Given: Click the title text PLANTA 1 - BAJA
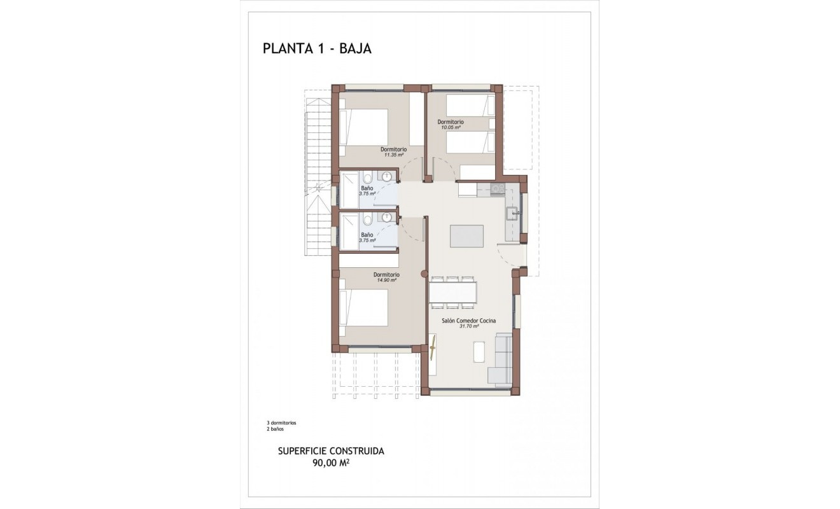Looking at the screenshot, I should [x=317, y=49].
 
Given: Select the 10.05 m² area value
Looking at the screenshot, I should [x=451, y=127].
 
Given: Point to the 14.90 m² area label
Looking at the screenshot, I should [x=386, y=280].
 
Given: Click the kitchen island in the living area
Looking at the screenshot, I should [x=466, y=235].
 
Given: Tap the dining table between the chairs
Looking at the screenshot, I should [x=452, y=292].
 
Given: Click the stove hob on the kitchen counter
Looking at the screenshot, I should [x=498, y=189].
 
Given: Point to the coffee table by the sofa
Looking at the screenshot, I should [x=479, y=352].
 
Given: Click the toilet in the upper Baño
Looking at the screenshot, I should [x=367, y=179].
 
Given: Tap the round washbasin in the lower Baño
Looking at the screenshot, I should [x=386, y=217].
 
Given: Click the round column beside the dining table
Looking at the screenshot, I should [x=424, y=274].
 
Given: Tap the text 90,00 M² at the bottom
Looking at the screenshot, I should [x=330, y=463].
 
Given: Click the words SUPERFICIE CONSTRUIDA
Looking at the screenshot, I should [x=331, y=451].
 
